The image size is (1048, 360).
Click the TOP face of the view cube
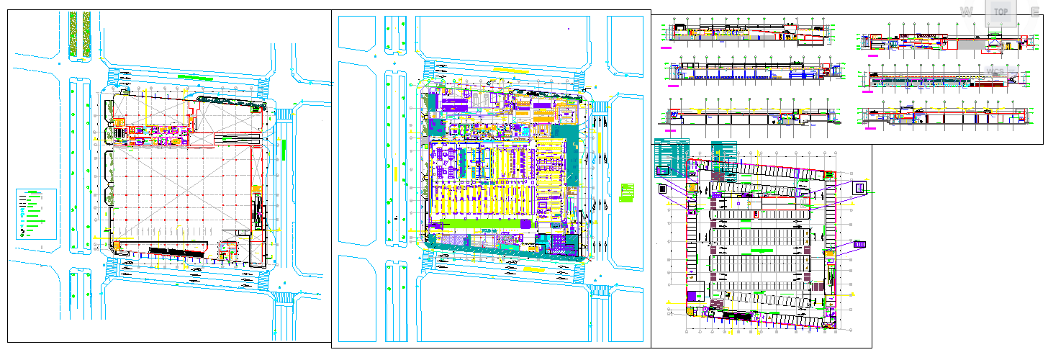[x=1000, y=12]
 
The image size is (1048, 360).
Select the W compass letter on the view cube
[x=967, y=12]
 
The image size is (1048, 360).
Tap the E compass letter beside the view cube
[x=1035, y=12]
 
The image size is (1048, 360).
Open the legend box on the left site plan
[x=37, y=214]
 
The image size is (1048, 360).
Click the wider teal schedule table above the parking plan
[x=672, y=157]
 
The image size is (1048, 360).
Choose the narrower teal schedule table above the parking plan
[x=724, y=152]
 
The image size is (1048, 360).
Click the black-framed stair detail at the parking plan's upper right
[x=859, y=188]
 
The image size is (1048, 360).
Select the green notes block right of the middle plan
[x=627, y=193]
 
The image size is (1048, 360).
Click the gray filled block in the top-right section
[x=970, y=46]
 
